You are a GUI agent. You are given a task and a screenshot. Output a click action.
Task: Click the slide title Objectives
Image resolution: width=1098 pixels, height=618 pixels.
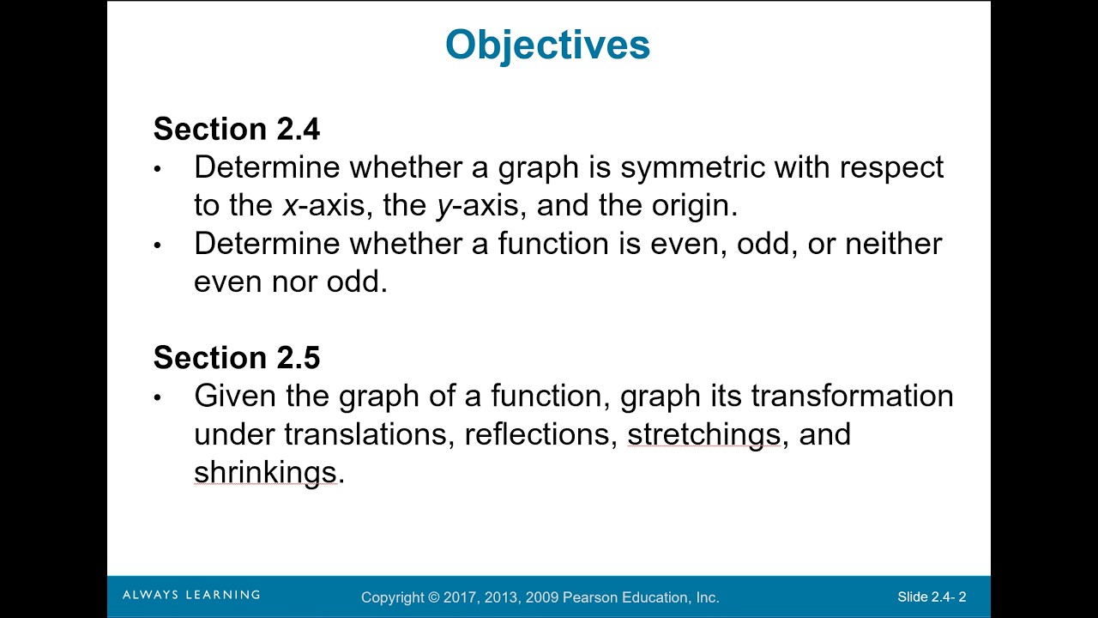547,45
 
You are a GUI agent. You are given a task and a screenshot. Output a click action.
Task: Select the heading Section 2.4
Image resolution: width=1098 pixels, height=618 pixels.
237,130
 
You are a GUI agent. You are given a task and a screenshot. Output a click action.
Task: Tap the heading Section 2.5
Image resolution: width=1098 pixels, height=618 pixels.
237,358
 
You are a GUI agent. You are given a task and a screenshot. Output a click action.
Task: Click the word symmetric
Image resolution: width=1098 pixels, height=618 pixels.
692,167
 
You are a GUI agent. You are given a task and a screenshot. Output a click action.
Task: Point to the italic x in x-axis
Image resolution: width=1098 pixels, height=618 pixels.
290,206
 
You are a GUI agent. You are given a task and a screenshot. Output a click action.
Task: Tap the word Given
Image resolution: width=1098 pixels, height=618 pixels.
230,397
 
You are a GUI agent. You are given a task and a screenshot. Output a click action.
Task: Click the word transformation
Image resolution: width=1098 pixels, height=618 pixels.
852,397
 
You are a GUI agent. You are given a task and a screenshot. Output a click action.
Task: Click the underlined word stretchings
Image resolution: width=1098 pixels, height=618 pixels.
703,434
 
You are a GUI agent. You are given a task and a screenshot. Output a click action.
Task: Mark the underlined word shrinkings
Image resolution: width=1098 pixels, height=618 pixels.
265,472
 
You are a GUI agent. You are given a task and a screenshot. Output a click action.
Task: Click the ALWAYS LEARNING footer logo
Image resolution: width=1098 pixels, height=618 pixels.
191,595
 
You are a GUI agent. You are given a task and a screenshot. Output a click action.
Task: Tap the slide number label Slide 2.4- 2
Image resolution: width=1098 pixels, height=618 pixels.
932,597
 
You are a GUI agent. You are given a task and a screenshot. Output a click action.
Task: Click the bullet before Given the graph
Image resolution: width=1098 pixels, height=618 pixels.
158,397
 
